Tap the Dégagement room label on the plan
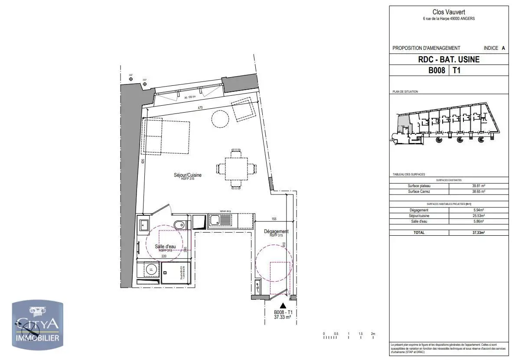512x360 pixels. pyautogui.click(x=276, y=231)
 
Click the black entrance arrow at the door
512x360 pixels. pyautogui.click(x=284, y=306)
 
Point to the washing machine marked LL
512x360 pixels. pyautogui.click(x=151, y=269)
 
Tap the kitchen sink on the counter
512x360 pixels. pyautogui.click(x=221, y=221)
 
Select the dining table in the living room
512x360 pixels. pyautogui.click(x=236, y=169)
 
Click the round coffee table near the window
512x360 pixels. pyautogui.click(x=221, y=118)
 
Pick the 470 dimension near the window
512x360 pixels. pyautogui.click(x=200, y=107)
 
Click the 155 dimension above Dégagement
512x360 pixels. pyautogui.click(x=274, y=219)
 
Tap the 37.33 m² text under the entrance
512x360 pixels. pyautogui.click(x=282, y=317)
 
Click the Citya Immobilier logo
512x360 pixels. pyautogui.click(x=37, y=325)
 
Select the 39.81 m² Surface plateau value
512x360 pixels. pyautogui.click(x=479, y=186)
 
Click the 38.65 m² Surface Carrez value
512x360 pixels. pyautogui.click(x=479, y=191)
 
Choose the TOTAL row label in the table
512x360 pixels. pyautogui.click(x=419, y=233)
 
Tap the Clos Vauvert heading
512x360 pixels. pyautogui.click(x=448, y=13)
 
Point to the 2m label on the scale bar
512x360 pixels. pyautogui.click(x=373, y=334)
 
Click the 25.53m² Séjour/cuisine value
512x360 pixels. pyautogui.click(x=479, y=215)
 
